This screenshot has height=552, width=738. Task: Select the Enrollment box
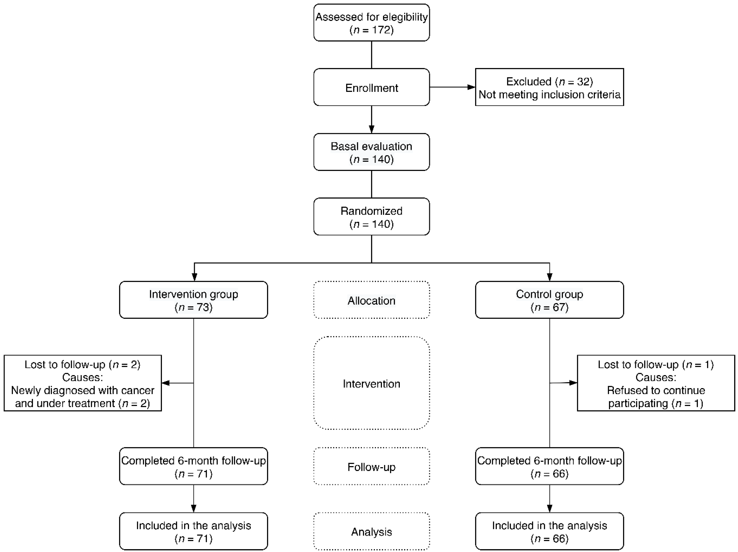pos(371,87)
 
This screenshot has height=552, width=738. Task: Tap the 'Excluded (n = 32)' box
pos(549,87)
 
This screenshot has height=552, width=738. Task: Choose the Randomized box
pos(371,217)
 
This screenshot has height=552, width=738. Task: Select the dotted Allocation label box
pos(371,300)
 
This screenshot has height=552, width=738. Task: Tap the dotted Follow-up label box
pos(371,466)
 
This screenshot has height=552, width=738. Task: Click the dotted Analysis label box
pos(371,531)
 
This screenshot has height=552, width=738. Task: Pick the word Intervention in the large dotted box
pos(371,384)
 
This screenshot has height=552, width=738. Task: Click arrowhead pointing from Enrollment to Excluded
pos(471,87)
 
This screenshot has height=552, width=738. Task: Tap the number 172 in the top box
pos(382,30)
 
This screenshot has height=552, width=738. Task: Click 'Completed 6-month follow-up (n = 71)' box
pos(194,466)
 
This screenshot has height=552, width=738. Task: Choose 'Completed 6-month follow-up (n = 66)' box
pos(549,466)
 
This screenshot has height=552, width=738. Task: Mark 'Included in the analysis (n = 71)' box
pos(194,531)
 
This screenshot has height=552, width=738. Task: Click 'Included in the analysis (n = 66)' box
pos(549,531)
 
